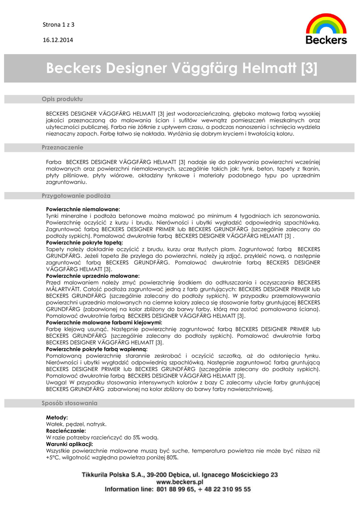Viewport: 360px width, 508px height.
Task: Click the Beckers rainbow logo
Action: (326, 29)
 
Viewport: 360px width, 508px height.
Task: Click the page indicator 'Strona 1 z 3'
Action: (58, 24)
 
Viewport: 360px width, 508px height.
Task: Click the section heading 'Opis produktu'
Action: (62, 99)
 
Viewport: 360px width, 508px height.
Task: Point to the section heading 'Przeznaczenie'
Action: (62, 147)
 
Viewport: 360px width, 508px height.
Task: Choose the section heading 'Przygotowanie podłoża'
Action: (76, 196)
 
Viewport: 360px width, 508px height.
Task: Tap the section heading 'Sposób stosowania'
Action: (70, 403)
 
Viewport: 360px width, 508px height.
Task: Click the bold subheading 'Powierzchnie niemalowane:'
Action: (83, 209)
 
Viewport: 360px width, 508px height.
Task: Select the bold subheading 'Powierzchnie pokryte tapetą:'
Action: (84, 243)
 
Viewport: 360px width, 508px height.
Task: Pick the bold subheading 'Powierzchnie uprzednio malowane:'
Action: (93, 275)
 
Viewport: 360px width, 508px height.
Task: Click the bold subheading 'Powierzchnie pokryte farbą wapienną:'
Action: (97, 349)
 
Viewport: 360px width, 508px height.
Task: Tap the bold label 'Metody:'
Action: (57, 418)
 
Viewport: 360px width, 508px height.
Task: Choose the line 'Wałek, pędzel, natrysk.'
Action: (76, 424)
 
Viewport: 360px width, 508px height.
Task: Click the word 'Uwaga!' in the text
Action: (56, 382)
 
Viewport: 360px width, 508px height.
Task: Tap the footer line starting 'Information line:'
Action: (177, 489)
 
